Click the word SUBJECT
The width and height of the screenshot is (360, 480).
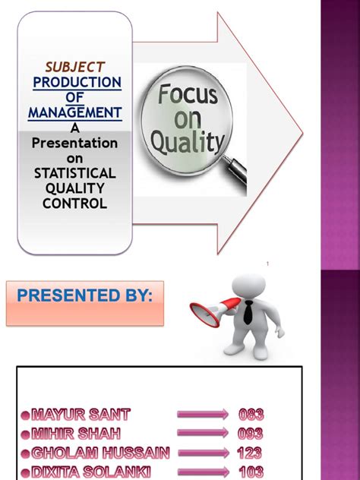click(74, 67)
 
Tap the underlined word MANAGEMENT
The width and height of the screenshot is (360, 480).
click(74, 113)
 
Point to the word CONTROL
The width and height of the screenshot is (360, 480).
click(74, 203)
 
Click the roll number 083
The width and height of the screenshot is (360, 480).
click(251, 415)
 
